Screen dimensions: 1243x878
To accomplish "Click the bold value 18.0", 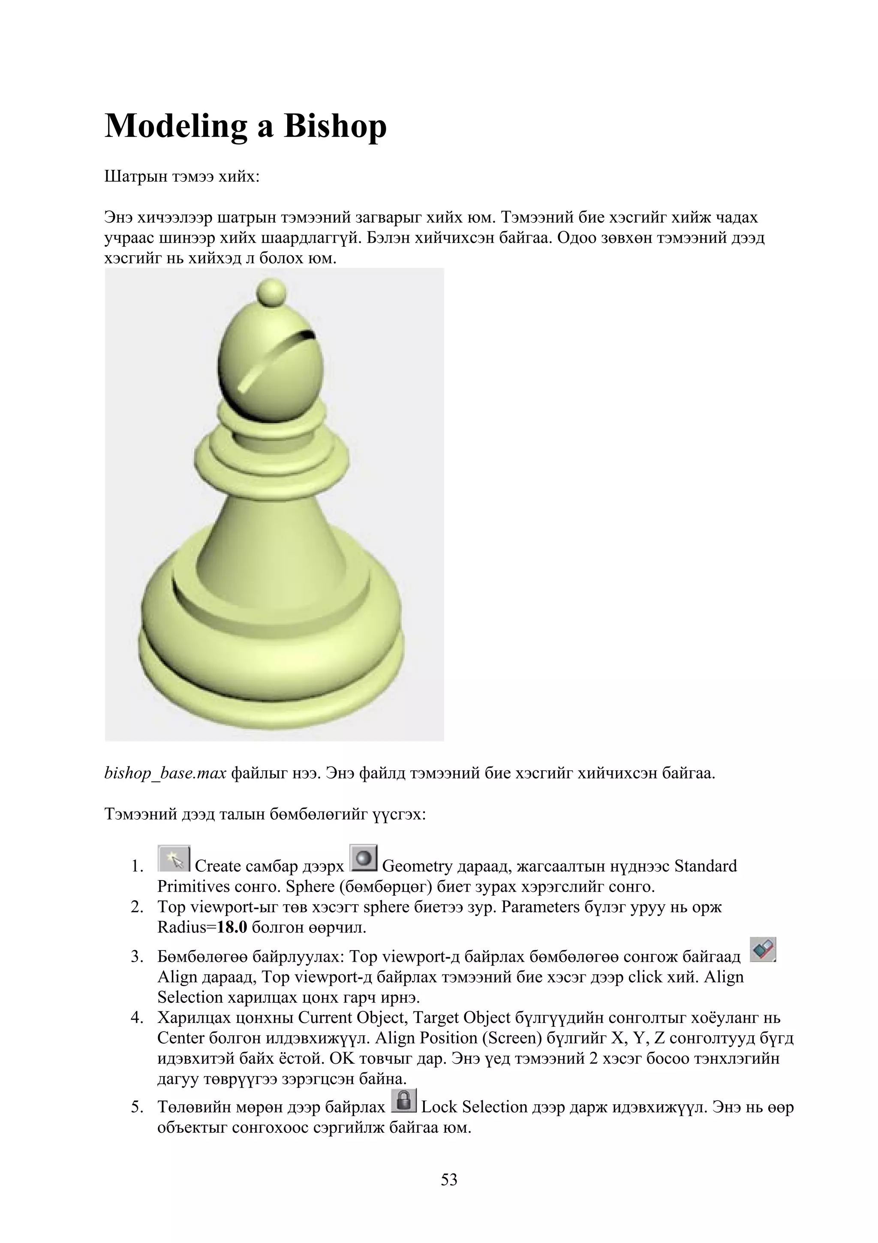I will pos(232,928).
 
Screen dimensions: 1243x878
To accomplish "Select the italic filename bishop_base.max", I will pos(165,773).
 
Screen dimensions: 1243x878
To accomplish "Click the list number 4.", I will pos(136,1018).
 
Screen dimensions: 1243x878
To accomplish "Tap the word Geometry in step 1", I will pos(417,866).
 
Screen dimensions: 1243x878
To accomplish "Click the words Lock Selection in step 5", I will pos(474,1107).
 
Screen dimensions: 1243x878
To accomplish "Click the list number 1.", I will pos(136,867).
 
